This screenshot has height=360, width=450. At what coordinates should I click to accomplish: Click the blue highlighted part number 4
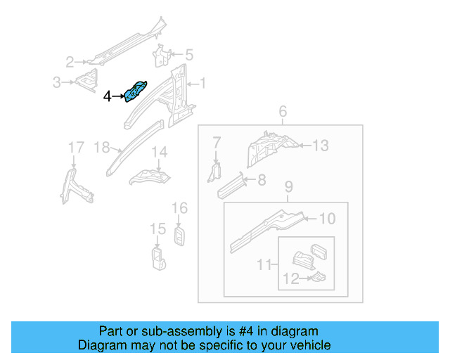click(136, 91)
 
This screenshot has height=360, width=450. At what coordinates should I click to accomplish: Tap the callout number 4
click(107, 96)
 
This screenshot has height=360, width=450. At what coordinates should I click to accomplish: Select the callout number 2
click(70, 61)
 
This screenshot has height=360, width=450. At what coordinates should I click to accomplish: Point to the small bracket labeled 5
click(162, 56)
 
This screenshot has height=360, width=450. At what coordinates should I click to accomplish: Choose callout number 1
click(203, 84)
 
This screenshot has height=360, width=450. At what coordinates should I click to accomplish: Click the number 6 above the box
click(283, 112)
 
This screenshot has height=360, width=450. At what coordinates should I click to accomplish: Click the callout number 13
click(321, 146)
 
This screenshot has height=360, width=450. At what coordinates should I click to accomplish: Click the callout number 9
click(288, 187)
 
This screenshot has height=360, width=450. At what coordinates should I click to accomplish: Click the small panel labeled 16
click(180, 236)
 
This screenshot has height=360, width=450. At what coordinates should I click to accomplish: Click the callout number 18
click(102, 148)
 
